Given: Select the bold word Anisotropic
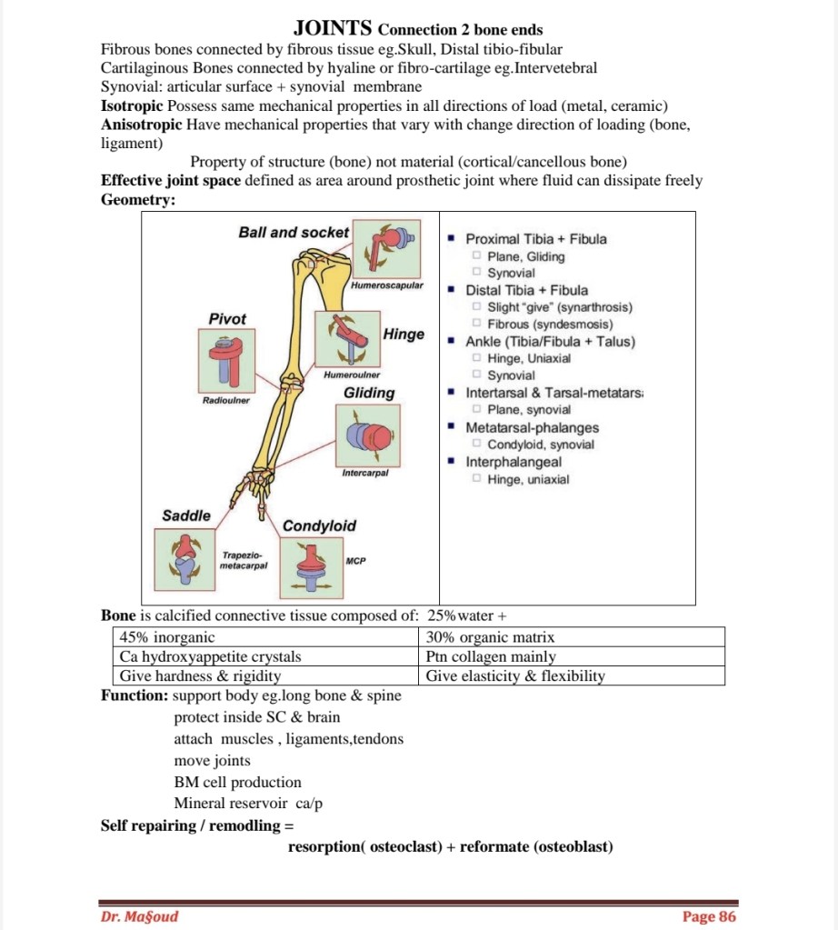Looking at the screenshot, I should (141, 125).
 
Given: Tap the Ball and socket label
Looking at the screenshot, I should (294, 233).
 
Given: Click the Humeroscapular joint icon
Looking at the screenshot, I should (386, 248).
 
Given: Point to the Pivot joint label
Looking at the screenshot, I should (227, 319).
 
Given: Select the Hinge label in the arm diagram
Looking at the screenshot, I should (404, 335).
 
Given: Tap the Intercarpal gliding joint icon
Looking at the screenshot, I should (367, 436).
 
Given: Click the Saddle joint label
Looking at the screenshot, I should (186, 515).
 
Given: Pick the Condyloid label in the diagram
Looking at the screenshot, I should (319, 525).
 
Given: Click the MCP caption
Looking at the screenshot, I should (355, 561).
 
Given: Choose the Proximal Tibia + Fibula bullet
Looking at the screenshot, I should (535, 239).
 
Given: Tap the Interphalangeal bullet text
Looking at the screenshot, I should (514, 462).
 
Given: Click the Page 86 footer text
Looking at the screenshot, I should (709, 916).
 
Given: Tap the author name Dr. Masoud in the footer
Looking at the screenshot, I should (139, 916).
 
